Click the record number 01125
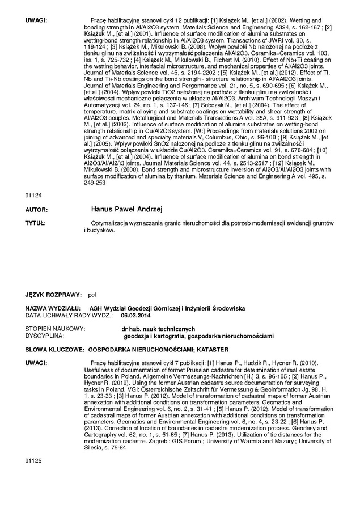tap(33, 461)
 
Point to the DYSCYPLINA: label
tap(45, 336)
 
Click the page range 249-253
tap(94, 183)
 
